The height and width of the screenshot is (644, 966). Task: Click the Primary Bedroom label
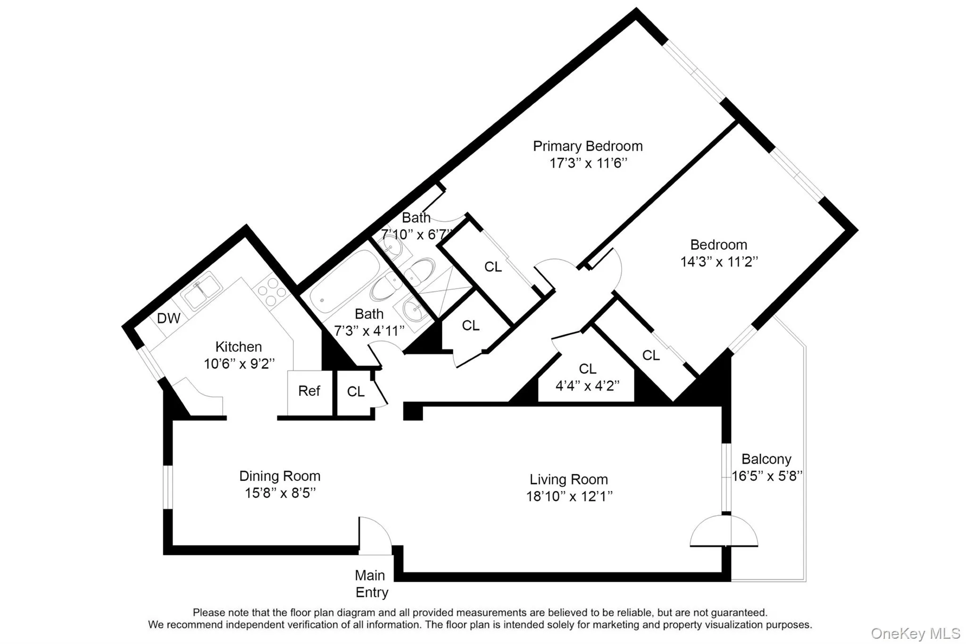pos(588,146)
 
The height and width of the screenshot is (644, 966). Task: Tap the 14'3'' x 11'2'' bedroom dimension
pos(719,262)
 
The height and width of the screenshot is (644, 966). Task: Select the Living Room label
pos(568,479)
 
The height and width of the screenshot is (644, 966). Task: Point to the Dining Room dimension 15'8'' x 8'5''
pos(280,493)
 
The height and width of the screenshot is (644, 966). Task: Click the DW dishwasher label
pos(168,318)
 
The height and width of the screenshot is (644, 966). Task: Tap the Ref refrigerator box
pos(309,392)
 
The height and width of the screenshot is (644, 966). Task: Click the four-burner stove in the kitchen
pos(272,292)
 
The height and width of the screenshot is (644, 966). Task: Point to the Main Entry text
pos(371,584)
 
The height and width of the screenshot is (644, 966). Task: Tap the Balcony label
pos(766,459)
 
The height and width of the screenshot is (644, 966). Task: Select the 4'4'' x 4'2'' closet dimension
pos(587,386)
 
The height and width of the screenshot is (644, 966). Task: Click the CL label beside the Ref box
pos(356,392)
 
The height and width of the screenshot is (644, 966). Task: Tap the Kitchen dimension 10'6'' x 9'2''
pos(239,364)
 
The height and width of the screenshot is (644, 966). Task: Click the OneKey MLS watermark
pos(915,633)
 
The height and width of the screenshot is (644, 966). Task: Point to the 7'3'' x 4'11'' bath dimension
pos(369,331)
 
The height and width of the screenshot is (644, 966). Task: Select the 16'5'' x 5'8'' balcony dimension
pos(766,476)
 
